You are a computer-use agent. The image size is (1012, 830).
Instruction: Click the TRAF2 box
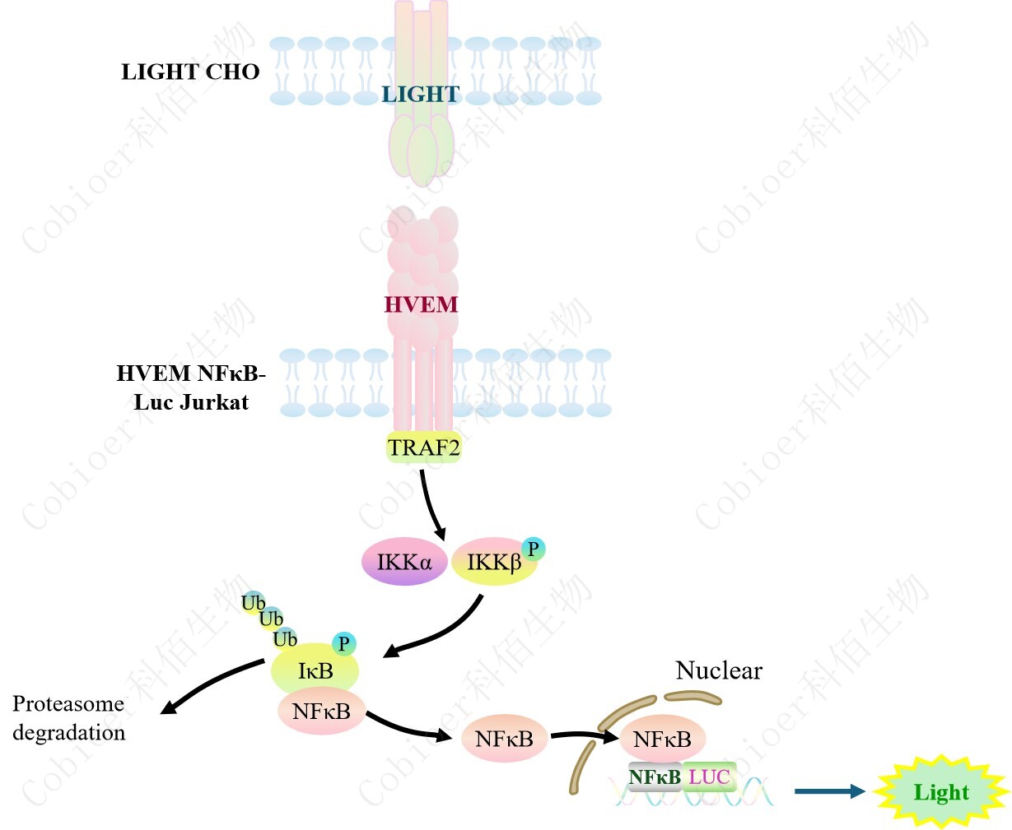coord(423,448)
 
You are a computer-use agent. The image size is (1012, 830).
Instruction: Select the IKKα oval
coord(403,562)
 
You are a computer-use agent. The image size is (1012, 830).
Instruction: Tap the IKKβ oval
coord(493,562)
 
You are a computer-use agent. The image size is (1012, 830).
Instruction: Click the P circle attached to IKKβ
coord(533,548)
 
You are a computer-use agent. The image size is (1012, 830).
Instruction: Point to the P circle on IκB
coord(343,644)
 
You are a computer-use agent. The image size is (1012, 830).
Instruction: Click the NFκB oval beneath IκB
coord(320,712)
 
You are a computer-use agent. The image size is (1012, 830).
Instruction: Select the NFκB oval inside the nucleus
coord(661,739)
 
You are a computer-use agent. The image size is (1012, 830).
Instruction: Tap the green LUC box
coord(709,777)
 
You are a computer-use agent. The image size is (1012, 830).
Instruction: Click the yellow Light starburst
coord(941,792)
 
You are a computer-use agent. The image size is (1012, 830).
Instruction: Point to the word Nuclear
coord(719,670)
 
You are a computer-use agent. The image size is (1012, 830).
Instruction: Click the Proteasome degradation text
coord(69,718)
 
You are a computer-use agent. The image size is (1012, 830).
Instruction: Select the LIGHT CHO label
coord(190,72)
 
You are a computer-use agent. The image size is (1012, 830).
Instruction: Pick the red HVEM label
coord(421,304)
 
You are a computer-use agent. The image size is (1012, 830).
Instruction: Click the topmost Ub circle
coord(253,603)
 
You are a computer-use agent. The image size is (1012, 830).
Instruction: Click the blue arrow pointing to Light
coord(828,791)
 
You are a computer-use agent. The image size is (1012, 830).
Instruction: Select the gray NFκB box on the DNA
coord(655,777)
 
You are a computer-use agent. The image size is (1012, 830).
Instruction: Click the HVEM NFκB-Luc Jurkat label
coord(191,387)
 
